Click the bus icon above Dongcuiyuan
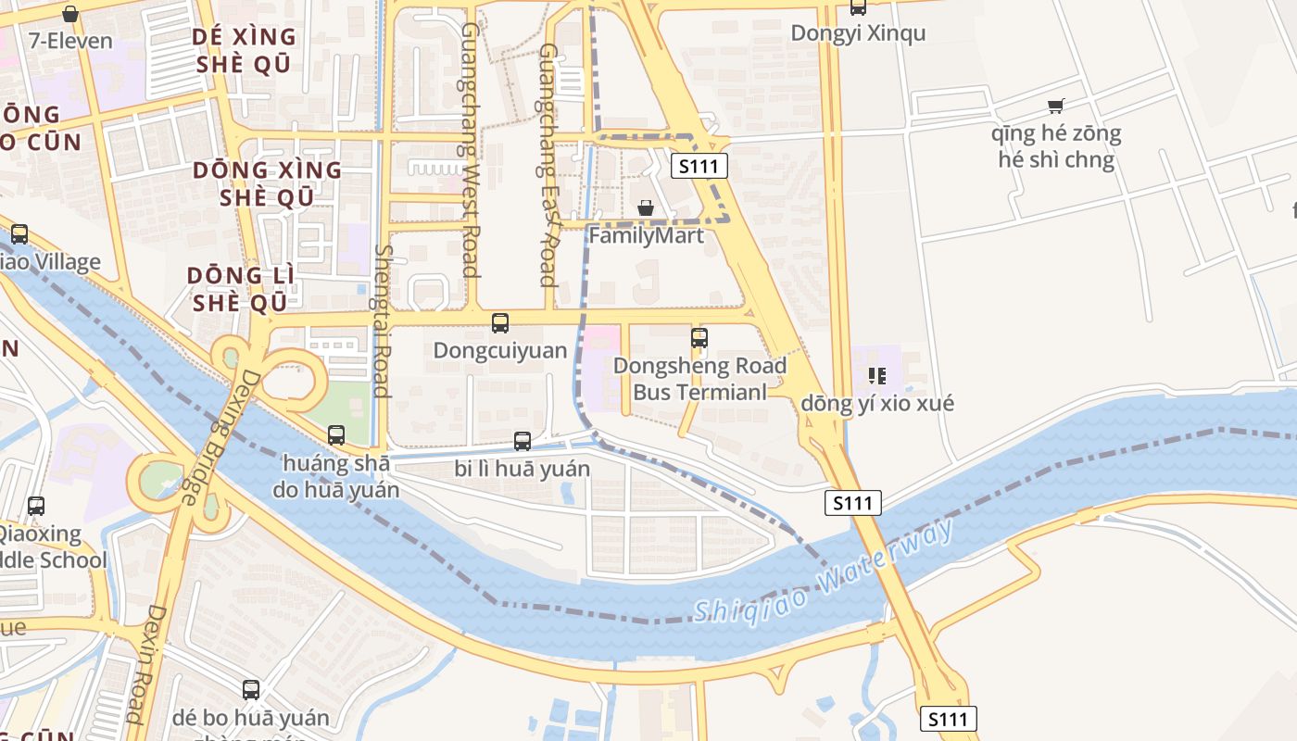click(500, 323)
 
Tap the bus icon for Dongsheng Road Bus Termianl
click(699, 338)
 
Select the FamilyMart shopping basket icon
click(646, 208)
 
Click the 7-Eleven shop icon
click(69, 14)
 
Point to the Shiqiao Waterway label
click(823, 571)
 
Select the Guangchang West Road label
click(471, 149)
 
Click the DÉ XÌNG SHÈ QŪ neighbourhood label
click(244, 50)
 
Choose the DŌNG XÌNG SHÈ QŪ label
click(267, 183)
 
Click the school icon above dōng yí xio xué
click(876, 376)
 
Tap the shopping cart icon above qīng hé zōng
click(1055, 107)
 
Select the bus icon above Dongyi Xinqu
click(858, 7)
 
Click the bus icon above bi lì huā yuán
click(523, 441)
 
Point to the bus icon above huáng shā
click(336, 434)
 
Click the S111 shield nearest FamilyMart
click(699, 167)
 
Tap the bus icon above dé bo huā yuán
click(251, 690)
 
